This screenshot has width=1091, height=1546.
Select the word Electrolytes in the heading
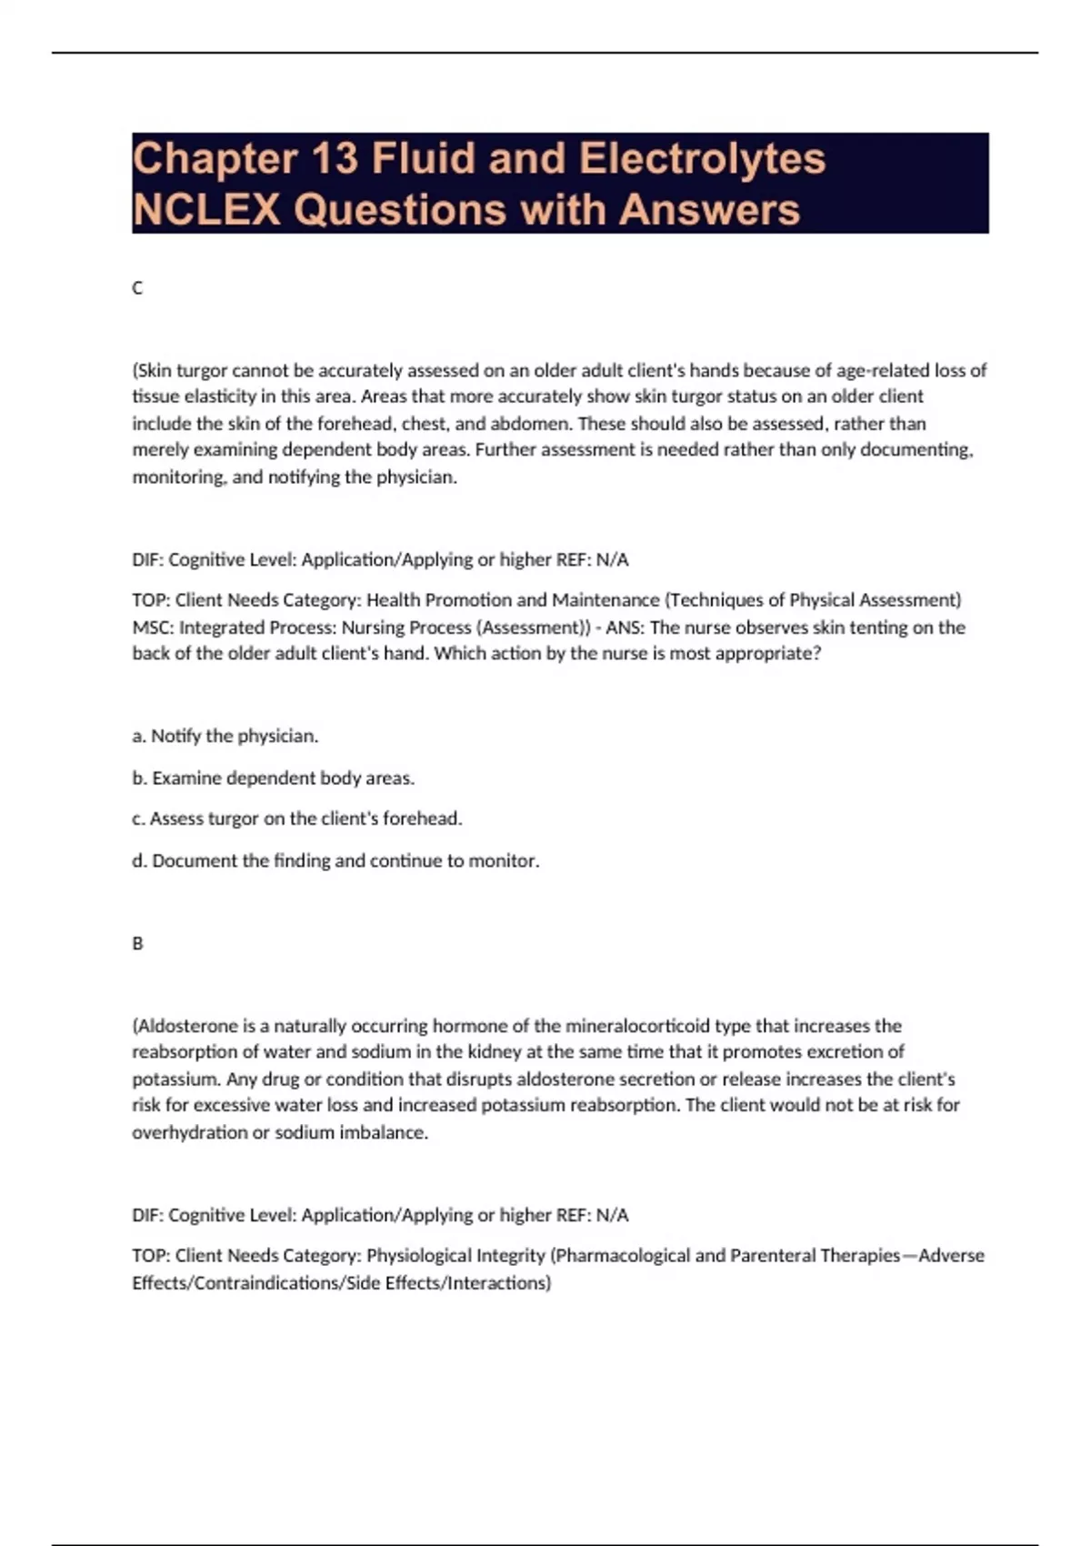702,158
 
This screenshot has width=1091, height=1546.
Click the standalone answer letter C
137,288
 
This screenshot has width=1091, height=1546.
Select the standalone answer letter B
137,944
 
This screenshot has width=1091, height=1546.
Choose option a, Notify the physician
225,736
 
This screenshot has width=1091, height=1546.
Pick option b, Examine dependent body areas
273,778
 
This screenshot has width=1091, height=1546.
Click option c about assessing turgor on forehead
297,818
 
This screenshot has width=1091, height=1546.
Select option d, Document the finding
335,860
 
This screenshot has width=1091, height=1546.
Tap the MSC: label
152,627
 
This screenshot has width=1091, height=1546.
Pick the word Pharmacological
622,1256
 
